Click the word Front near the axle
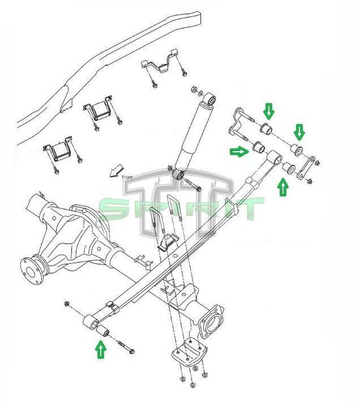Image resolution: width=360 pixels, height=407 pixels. (x=127, y=177)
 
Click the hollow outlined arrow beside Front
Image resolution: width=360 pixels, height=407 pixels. (x=116, y=171)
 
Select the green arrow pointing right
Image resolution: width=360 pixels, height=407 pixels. (x=239, y=151)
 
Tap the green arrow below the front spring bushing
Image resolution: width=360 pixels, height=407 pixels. (x=101, y=349)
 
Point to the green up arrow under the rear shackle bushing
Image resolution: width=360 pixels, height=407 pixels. (x=283, y=187)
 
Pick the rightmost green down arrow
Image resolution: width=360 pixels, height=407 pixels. (x=300, y=132)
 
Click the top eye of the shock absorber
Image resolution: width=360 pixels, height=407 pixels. (x=210, y=99)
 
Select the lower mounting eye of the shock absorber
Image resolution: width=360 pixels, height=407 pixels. (x=179, y=174)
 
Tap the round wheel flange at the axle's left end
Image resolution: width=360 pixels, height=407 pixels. (x=31, y=272)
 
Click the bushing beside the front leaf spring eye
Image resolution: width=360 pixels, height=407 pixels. (x=103, y=331)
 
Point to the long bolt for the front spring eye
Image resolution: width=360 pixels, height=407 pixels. (x=126, y=347)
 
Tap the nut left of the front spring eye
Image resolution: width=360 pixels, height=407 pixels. (x=67, y=303)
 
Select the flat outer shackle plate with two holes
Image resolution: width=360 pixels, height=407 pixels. (x=305, y=167)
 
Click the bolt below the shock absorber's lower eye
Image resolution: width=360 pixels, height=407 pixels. (x=193, y=185)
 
